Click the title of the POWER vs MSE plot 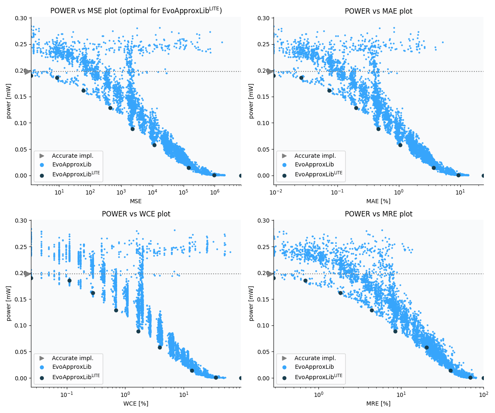pos(136,11)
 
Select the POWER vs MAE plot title pos(378,11)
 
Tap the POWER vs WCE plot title pos(136,214)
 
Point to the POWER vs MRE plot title pos(378,214)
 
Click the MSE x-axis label pos(136,201)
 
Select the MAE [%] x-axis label pos(378,201)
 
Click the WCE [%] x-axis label pos(136,404)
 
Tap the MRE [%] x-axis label pos(378,404)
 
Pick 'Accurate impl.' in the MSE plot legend pos(73,156)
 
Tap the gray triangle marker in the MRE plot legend pos(284,358)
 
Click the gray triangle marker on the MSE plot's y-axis pos(27,71)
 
